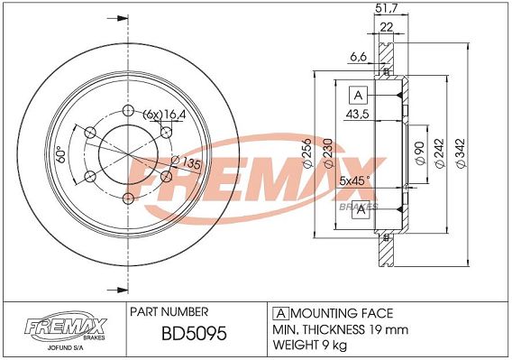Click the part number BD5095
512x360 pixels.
[x=194, y=334]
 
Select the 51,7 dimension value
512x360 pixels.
[x=387, y=8]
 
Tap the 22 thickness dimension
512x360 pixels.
[x=387, y=27]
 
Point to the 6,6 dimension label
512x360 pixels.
[x=358, y=57]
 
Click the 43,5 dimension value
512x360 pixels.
[x=357, y=114]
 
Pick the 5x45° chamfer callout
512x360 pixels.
[x=354, y=180]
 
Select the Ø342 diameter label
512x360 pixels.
[x=461, y=153]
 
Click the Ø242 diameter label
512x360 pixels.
[x=441, y=153]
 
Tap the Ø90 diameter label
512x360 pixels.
[x=421, y=153]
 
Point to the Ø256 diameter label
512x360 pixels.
[x=307, y=153]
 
